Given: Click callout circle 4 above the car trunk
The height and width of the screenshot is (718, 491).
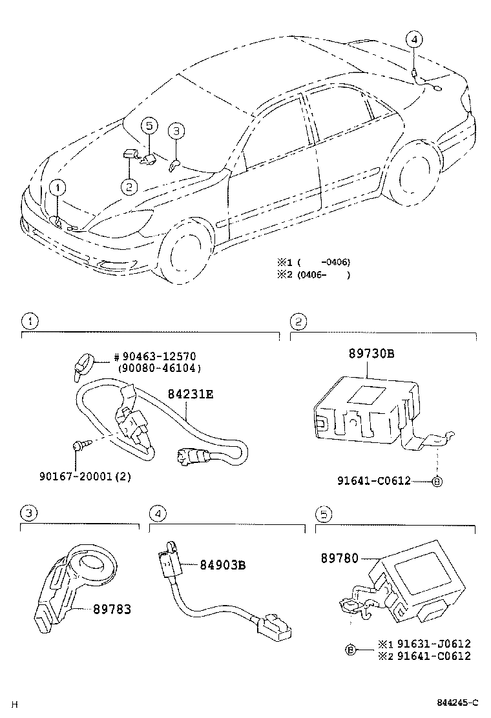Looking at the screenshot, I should [x=414, y=39].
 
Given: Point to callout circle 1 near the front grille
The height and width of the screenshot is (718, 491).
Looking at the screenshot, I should [x=57, y=188].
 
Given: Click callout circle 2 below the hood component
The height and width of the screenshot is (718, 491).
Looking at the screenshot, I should [x=129, y=187].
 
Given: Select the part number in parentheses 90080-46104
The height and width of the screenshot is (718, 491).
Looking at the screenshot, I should [x=159, y=368].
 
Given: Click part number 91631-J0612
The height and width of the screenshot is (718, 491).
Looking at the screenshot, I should [x=433, y=643].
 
